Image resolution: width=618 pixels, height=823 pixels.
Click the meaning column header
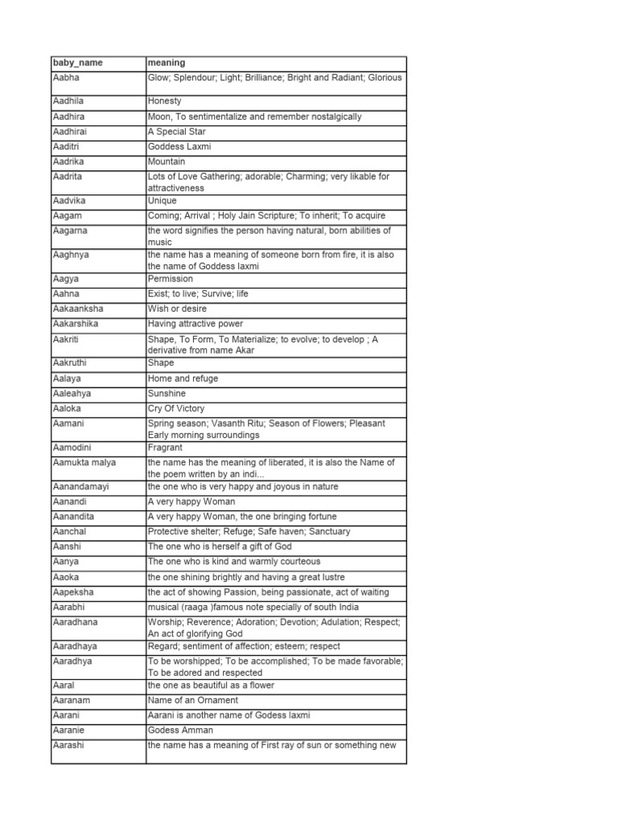click(x=167, y=63)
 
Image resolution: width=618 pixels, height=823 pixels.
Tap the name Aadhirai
click(x=72, y=132)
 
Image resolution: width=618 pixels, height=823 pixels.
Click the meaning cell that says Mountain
click(x=167, y=162)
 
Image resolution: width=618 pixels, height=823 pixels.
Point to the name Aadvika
click(x=71, y=201)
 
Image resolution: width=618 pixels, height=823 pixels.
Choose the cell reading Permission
click(x=171, y=279)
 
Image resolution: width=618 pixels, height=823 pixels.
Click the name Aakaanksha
click(x=77, y=309)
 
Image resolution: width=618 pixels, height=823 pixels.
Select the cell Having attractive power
click(x=196, y=324)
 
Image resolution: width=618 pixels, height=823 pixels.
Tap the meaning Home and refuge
click(x=183, y=379)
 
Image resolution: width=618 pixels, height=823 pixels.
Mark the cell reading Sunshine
click(x=167, y=394)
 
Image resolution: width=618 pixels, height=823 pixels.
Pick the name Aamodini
click(x=73, y=448)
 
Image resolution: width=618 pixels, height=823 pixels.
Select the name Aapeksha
click(x=73, y=592)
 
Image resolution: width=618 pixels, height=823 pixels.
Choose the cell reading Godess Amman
click(x=180, y=731)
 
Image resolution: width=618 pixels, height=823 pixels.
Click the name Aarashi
click(x=69, y=746)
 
